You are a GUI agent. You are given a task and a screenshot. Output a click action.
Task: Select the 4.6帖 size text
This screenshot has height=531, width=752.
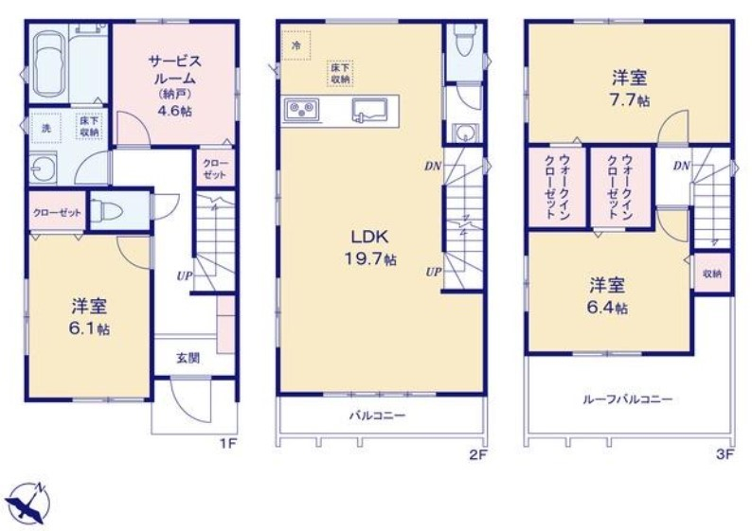[x=174, y=109]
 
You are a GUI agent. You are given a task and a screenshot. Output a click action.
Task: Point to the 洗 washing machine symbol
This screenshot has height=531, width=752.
[x=44, y=128]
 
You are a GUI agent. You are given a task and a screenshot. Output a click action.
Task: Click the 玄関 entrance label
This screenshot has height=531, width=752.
[x=188, y=358]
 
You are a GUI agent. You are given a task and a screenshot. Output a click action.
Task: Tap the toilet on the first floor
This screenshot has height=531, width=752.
[x=109, y=211]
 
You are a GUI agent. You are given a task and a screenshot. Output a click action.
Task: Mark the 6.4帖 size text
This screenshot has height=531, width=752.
[x=608, y=307]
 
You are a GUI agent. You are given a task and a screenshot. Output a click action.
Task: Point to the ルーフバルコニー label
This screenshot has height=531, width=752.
[x=627, y=399]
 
